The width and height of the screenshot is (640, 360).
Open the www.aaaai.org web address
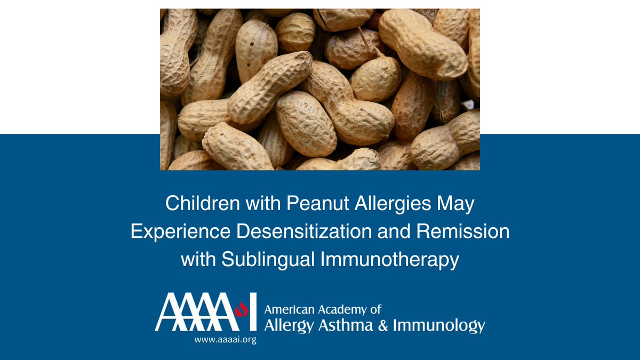pyautogui.click(x=225, y=340)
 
